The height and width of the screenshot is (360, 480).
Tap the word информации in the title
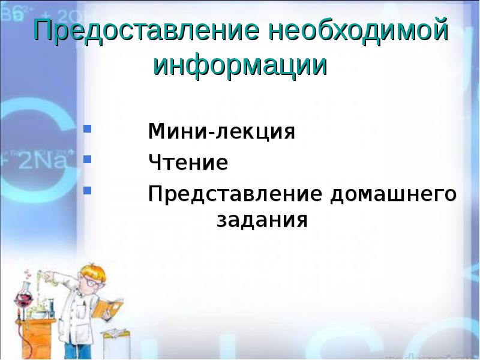pos(241,65)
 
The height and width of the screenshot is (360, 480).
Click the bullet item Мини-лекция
pos(221,131)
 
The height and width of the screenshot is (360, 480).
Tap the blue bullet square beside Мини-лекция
pos(87,128)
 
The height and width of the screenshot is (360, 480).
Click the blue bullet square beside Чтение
pos(87,160)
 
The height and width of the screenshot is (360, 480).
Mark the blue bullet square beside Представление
pos(87,191)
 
